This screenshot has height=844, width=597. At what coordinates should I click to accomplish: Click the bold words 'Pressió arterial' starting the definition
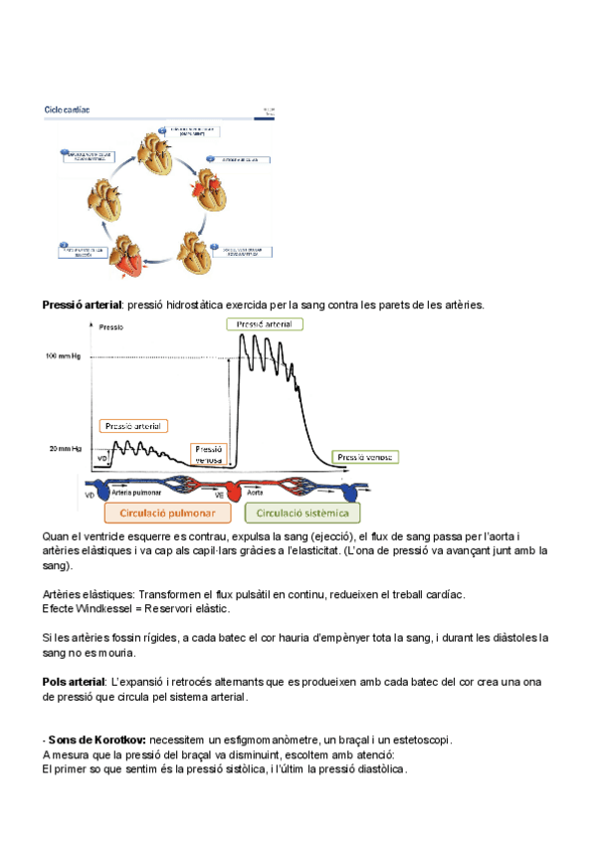coord(81,305)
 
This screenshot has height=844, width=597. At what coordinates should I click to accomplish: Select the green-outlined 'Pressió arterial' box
coord(265,323)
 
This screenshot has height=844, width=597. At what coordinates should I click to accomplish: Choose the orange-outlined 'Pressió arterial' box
coord(133,425)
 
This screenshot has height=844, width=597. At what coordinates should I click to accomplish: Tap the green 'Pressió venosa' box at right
coord(365,457)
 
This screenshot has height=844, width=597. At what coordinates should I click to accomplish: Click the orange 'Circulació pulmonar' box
coord(169,514)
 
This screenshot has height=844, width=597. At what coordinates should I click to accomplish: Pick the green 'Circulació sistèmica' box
coord(302,514)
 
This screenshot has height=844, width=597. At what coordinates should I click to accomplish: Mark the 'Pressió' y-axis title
coord(111,326)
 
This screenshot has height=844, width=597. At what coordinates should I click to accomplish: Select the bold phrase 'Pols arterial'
coord(73,681)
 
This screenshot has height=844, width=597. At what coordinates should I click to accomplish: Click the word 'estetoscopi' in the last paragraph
coord(420,739)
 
